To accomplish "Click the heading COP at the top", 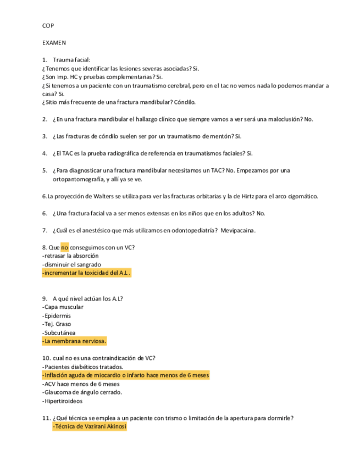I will [48, 25].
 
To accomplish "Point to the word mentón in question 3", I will [217, 136].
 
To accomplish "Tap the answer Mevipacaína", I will [237, 230].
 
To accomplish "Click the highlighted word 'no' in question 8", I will [64, 247].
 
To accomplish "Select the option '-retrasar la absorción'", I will [63, 256].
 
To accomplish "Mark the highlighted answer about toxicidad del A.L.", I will [86, 273].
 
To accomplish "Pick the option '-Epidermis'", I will [56, 316].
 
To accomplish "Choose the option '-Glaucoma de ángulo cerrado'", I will [82, 392].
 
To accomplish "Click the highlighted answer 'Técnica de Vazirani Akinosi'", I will [89, 426].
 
